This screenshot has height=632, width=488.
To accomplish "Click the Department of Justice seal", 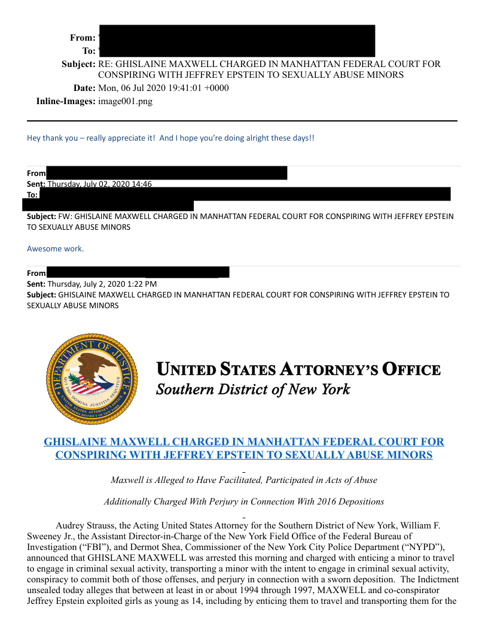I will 91,379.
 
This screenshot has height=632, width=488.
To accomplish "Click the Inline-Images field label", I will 66,101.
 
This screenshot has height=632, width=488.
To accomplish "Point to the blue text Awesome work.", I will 56,248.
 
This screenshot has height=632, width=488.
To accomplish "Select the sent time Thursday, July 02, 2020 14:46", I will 99,184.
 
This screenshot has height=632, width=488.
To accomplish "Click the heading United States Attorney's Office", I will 298,370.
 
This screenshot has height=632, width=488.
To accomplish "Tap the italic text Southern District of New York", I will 253,390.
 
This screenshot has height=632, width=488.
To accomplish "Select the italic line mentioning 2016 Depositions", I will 244,502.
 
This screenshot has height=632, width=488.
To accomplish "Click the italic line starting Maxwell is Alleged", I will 244,480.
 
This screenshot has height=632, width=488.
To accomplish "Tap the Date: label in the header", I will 84,88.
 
